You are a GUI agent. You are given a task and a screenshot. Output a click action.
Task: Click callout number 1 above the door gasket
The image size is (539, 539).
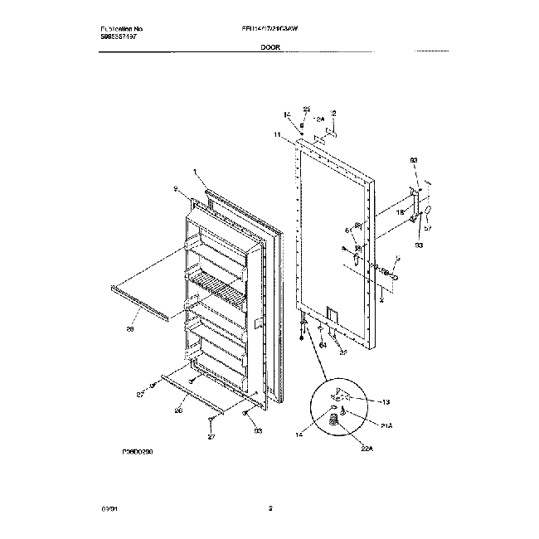[x=196, y=173]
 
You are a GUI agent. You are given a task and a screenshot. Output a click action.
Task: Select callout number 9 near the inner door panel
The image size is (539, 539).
[x=176, y=190]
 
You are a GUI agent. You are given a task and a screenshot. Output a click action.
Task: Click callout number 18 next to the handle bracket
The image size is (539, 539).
[x=400, y=213]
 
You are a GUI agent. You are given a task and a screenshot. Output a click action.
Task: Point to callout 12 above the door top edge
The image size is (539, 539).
[x=333, y=112]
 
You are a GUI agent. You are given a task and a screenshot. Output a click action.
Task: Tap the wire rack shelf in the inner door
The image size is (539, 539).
[x=217, y=286]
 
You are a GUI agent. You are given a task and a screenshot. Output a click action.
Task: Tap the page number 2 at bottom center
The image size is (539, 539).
[x=270, y=508]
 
